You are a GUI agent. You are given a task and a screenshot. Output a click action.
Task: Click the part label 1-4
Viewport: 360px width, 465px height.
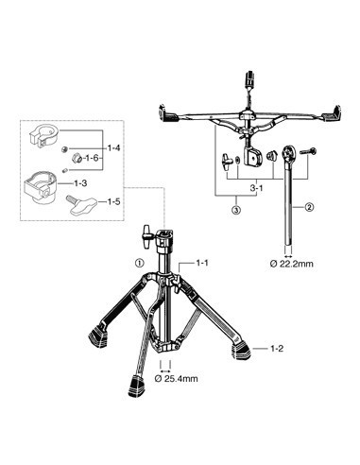pos(113,147)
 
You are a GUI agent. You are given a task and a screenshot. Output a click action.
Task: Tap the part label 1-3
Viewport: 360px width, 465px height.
pos(80,182)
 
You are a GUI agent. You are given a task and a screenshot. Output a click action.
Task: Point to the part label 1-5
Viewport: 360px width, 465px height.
pos(113,201)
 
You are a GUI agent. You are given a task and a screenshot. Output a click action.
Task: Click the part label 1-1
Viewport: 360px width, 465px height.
pos(202,262)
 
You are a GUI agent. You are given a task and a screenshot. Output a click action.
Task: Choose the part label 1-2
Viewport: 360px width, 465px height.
pos(277,349)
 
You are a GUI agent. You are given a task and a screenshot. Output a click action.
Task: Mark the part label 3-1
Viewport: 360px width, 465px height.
pos(256,188)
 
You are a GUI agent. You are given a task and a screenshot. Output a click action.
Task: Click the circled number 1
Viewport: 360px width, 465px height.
pos(139,262)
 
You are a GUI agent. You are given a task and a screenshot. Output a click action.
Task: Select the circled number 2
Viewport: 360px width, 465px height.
pos(308,207)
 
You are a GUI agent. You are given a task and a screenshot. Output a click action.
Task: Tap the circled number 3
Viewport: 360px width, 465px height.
pos(236,209)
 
